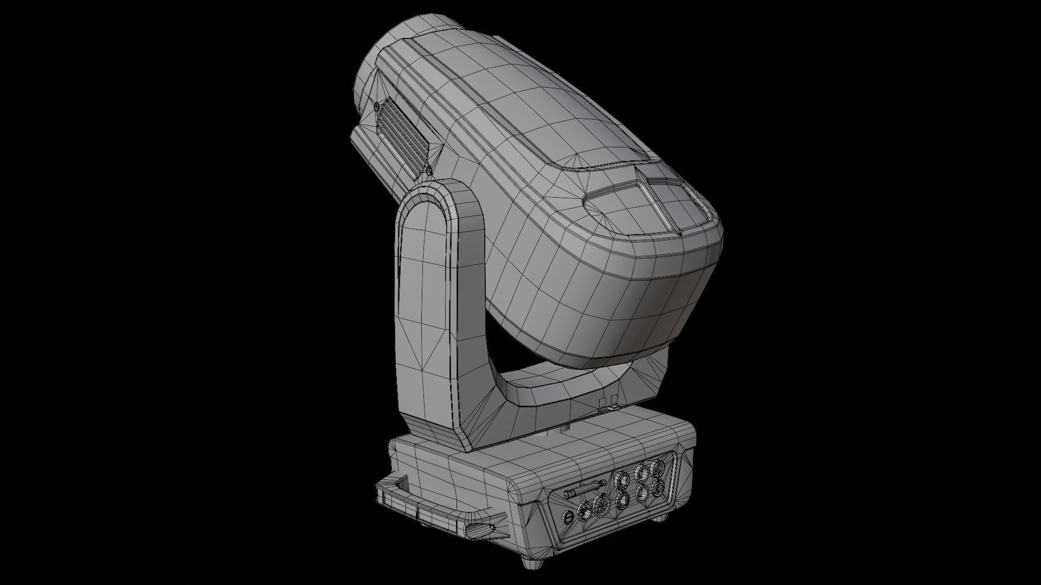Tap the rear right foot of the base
click(659, 517)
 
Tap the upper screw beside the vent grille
click(376, 106)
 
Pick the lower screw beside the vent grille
click(429, 171)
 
